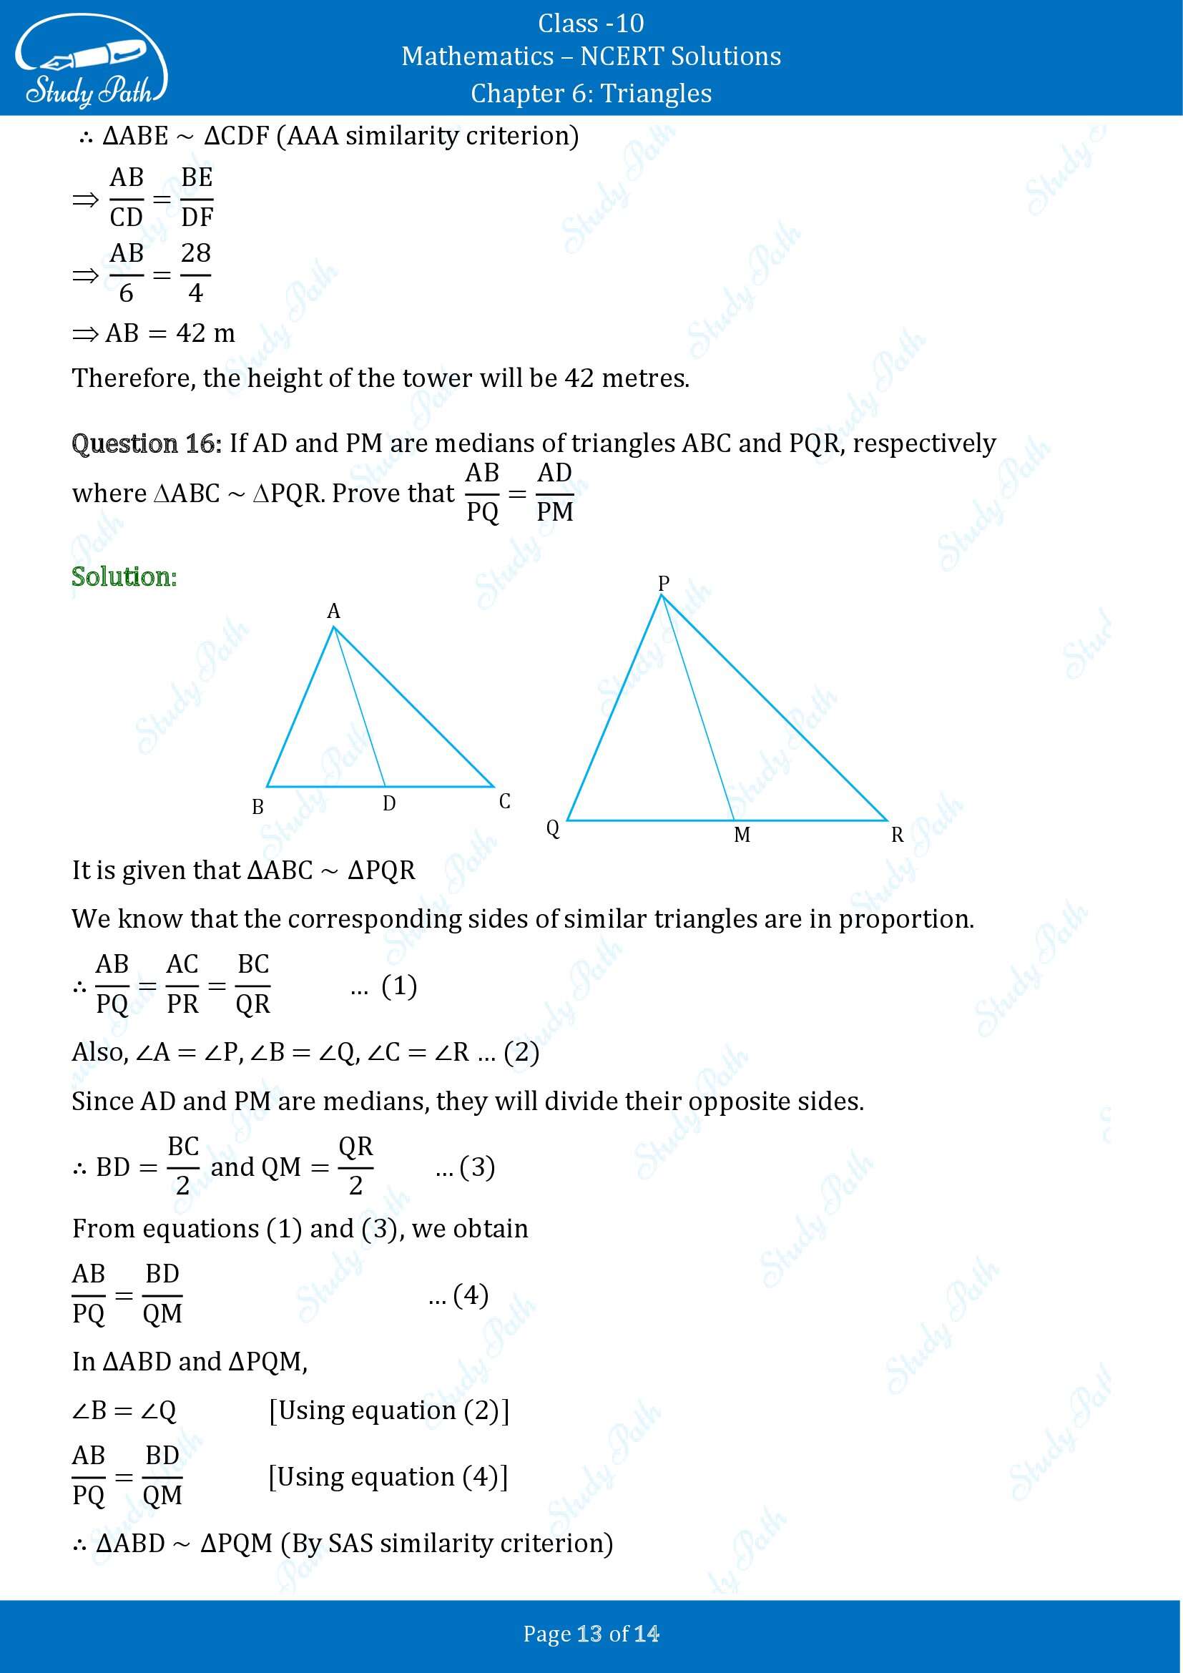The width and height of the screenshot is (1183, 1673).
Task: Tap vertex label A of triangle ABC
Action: click(333, 611)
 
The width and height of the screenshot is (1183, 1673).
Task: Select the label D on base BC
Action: click(389, 803)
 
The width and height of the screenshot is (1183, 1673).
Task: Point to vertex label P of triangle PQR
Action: click(663, 583)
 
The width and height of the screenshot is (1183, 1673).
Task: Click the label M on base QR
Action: click(742, 834)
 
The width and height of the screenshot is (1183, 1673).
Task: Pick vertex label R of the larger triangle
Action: click(898, 835)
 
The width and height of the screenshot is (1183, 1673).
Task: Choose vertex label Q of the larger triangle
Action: click(553, 828)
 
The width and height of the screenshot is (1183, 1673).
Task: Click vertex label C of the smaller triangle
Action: click(505, 802)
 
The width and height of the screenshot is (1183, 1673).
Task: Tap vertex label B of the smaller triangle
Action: click(257, 807)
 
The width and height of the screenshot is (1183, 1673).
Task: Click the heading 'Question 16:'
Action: click(147, 443)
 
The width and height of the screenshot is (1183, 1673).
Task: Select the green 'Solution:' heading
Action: click(124, 577)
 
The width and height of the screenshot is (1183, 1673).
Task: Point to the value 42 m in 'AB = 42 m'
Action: click(205, 333)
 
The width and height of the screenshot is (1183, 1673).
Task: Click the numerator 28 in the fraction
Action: click(195, 252)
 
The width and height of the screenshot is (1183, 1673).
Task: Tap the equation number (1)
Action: click(399, 986)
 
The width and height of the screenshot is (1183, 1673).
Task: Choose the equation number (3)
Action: click(477, 1167)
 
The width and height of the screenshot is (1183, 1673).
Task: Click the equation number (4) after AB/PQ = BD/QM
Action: click(471, 1295)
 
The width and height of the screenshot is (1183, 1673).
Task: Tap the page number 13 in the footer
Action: click(589, 1634)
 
